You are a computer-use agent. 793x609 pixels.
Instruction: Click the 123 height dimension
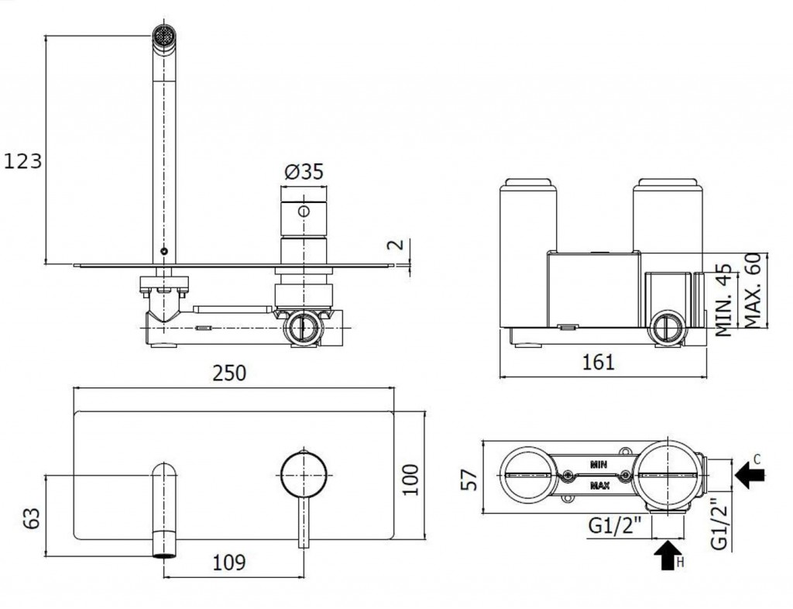coord(22,161)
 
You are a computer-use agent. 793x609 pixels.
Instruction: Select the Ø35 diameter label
coord(304,172)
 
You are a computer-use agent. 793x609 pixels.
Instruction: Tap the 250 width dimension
coord(229,373)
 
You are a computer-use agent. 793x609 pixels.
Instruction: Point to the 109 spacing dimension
coord(228,562)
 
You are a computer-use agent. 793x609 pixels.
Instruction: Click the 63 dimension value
coord(32,518)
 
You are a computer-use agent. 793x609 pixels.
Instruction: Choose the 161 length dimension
coord(599,362)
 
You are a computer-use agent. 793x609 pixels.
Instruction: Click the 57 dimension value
coord(471,480)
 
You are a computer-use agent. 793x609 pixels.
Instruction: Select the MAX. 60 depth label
coord(753,290)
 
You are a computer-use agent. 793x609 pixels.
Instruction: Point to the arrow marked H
coord(668,555)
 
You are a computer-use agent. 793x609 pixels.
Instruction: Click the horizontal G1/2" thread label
coord(614,526)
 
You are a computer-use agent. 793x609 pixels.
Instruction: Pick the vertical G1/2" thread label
coord(719,524)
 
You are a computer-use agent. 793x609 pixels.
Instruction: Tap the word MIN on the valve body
coord(599,463)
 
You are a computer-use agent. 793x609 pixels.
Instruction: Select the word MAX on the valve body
coord(599,486)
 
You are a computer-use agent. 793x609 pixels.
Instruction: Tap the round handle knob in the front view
coord(304,474)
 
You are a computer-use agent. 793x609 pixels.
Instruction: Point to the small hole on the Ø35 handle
coord(304,212)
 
